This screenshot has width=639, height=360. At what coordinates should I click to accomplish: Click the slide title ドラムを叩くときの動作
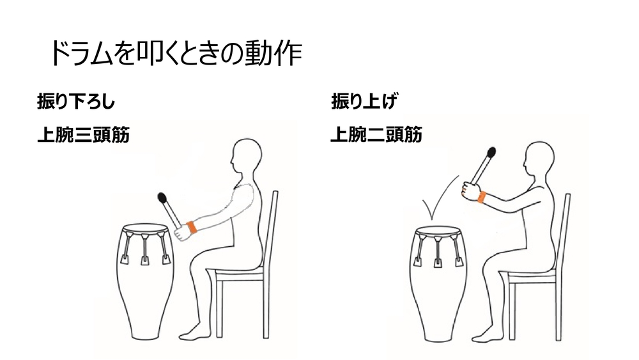click(176, 53)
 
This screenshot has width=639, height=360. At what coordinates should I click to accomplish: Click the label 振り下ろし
click(76, 101)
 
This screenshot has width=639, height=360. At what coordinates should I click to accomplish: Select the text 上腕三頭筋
click(84, 135)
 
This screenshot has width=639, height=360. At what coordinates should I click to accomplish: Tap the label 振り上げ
click(364, 101)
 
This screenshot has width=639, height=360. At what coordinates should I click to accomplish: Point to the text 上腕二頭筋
click(376, 134)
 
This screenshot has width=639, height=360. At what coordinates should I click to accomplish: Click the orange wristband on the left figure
click(192, 228)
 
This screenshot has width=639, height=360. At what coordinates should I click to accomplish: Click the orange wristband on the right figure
click(482, 198)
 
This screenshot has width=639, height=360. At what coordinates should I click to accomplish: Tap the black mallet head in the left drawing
click(162, 198)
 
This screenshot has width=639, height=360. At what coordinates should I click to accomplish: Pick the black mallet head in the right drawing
click(491, 152)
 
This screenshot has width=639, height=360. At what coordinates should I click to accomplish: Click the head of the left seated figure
click(246, 157)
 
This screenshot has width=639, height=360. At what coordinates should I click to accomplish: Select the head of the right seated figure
click(539, 160)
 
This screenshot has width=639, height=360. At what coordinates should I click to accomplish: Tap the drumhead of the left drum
click(145, 228)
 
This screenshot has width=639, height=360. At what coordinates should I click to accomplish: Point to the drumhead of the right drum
click(438, 231)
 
